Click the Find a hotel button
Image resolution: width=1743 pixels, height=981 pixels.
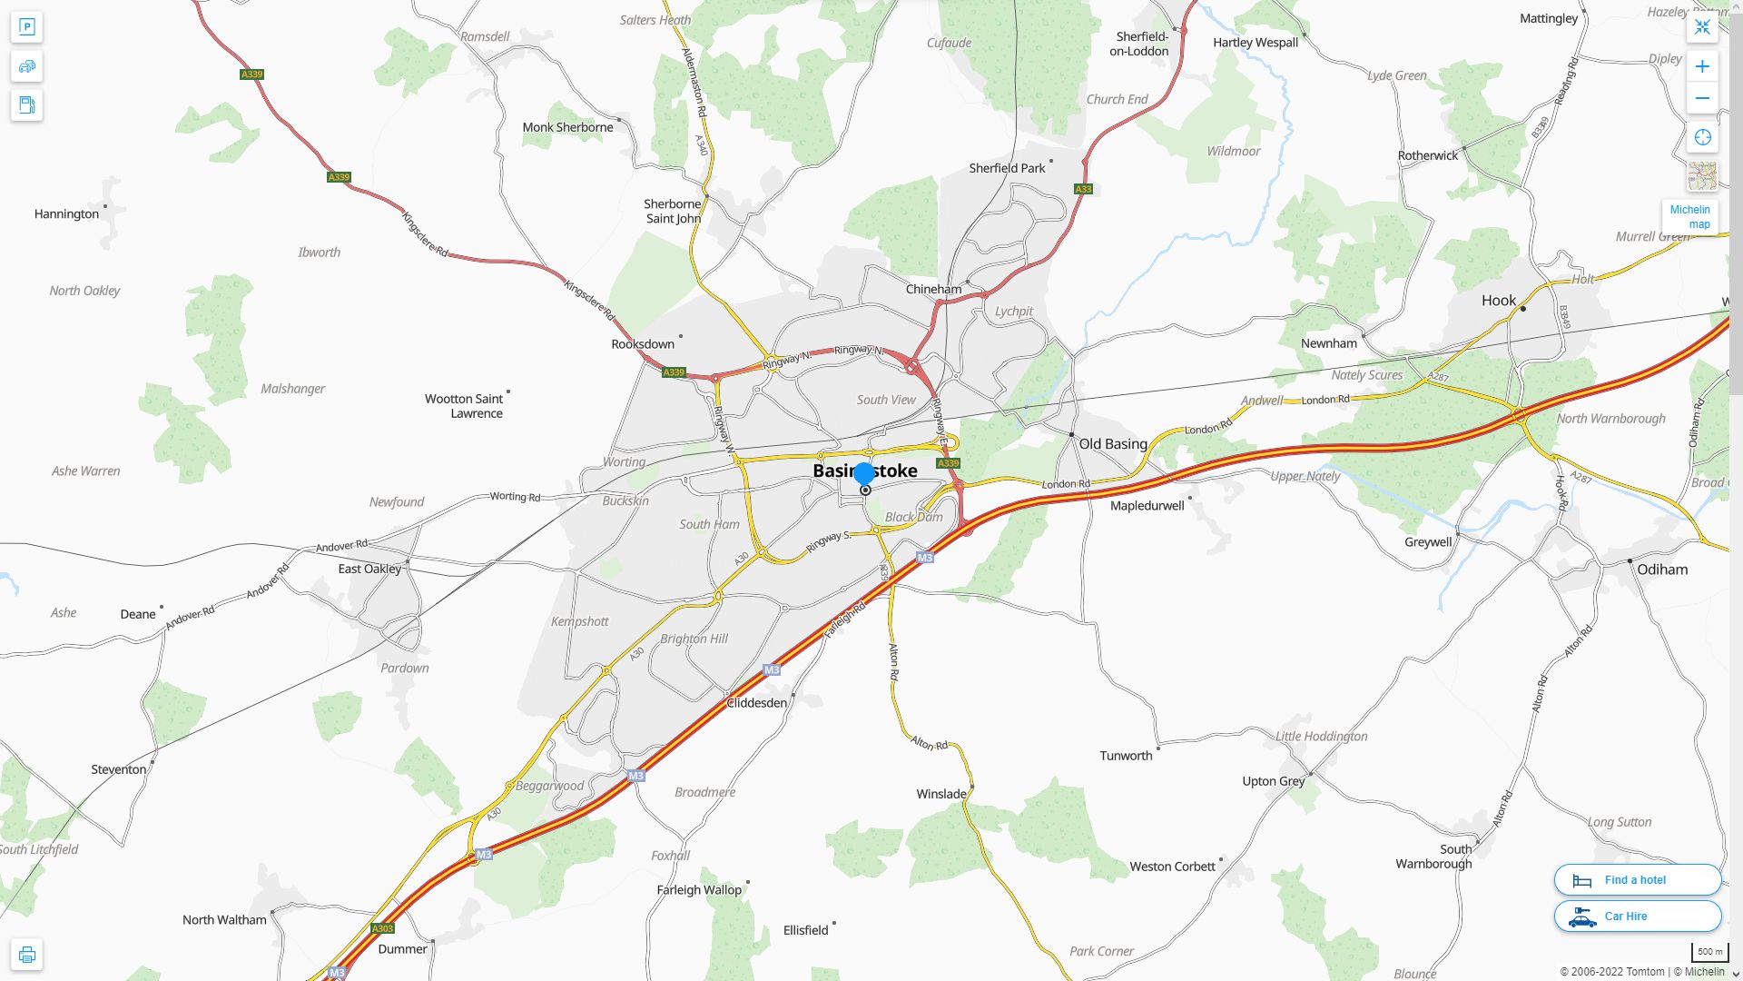pos(1637,879)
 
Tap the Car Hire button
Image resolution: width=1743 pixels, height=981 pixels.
pos(1637,916)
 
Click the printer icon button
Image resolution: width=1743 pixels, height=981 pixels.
pos(26,955)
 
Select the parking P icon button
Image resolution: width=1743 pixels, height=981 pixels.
pos(26,27)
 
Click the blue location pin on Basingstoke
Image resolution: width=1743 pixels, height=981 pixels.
pos(864,474)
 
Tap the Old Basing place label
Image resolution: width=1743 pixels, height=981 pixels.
pos(1112,444)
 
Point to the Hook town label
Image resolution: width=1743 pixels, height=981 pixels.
pos(1498,301)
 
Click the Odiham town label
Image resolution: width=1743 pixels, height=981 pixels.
pos(1661,570)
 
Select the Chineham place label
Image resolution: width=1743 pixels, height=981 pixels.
pos(933,289)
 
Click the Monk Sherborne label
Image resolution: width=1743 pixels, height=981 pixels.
pos(567,127)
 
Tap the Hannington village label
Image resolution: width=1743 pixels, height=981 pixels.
pos(66,214)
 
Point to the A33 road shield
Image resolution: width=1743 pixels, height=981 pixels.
pos(1083,189)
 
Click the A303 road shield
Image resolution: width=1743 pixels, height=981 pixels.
pos(382,928)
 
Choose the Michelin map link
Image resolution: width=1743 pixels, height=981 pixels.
pos(1689,217)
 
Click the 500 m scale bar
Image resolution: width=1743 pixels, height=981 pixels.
pos(1709,952)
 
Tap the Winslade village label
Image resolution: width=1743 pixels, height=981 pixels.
pos(940,794)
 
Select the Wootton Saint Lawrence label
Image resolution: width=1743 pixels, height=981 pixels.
pos(464,406)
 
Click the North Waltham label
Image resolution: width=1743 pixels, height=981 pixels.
pos(224,920)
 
